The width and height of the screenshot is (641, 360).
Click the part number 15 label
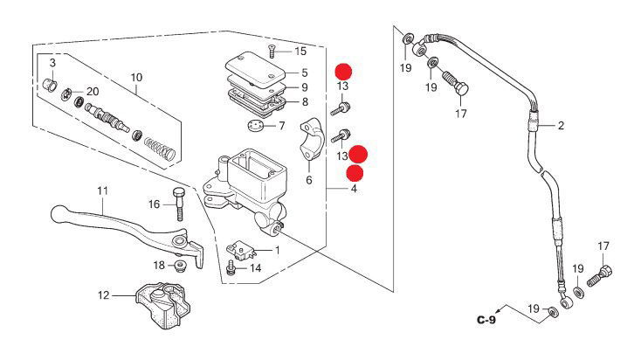pyautogui.click(x=300, y=52)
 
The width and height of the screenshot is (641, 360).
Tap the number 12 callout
pyautogui.click(x=104, y=295)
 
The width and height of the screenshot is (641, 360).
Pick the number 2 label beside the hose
pyautogui.click(x=561, y=125)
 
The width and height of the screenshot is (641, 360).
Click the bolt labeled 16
pyautogui.click(x=179, y=204)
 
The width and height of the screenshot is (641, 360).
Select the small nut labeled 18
pyautogui.click(x=181, y=266)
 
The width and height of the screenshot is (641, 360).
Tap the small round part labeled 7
pyautogui.click(x=256, y=126)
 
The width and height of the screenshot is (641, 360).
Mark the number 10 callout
pyautogui.click(x=136, y=78)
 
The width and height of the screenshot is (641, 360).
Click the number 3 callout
pyautogui.click(x=52, y=64)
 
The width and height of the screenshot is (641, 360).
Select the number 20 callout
pyautogui.click(x=93, y=92)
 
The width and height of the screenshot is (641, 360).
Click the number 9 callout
pyautogui.click(x=305, y=87)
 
